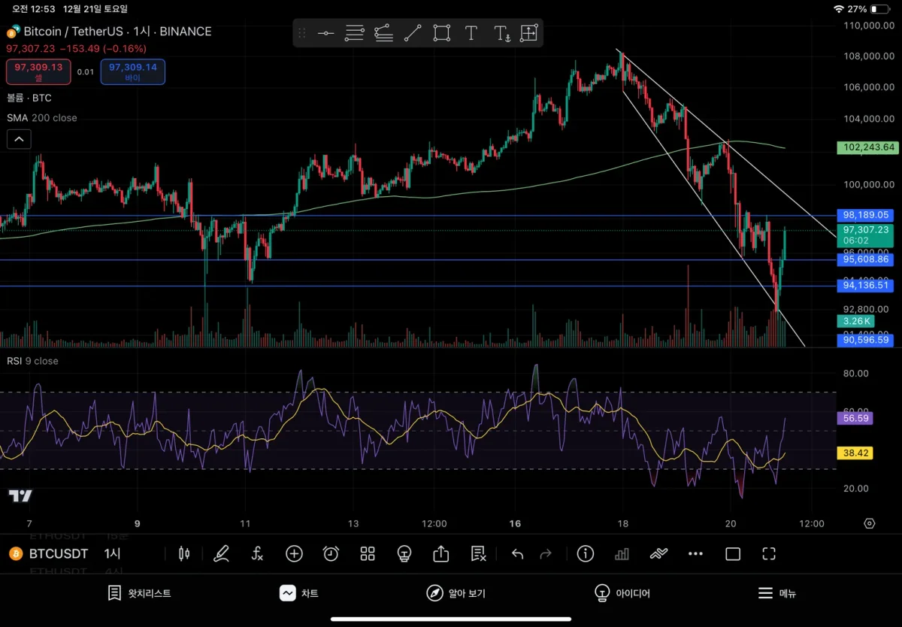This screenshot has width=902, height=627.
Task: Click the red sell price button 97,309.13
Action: pyautogui.click(x=38, y=71)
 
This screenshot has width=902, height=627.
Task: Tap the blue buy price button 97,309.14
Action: pyautogui.click(x=132, y=71)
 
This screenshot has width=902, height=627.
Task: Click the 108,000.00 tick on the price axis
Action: pyautogui.click(x=868, y=56)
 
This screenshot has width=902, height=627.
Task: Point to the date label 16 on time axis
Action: pyautogui.click(x=516, y=523)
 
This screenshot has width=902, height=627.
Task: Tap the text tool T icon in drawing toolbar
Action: pyautogui.click(x=471, y=33)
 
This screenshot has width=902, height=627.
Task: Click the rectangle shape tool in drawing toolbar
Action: pyautogui.click(x=442, y=33)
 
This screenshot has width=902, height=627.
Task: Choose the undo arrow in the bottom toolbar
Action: pyautogui.click(x=517, y=554)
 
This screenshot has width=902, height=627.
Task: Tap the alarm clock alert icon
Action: pyautogui.click(x=331, y=554)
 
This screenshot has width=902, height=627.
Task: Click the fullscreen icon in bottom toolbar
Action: pyautogui.click(x=768, y=554)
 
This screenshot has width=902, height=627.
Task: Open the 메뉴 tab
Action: pyautogui.click(x=776, y=593)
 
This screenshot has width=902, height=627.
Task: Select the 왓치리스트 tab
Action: pyautogui.click(x=140, y=593)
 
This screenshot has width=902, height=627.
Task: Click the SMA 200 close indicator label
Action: pyautogui.click(x=42, y=118)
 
